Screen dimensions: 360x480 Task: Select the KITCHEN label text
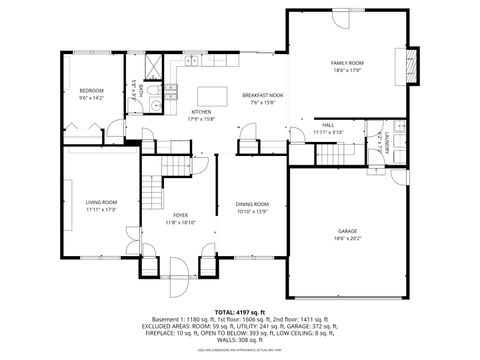201,112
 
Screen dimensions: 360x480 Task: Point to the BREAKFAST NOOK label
262,95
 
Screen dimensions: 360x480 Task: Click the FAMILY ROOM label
347,63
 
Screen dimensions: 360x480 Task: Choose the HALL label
327,125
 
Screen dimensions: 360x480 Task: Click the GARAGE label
347,231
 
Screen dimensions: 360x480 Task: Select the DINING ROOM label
252,204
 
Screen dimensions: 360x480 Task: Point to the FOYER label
180,215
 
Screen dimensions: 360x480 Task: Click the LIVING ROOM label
101,203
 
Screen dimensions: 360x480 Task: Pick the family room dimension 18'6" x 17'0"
347,70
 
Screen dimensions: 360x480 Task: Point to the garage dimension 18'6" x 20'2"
347,238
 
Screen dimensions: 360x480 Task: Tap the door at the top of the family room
339,20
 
